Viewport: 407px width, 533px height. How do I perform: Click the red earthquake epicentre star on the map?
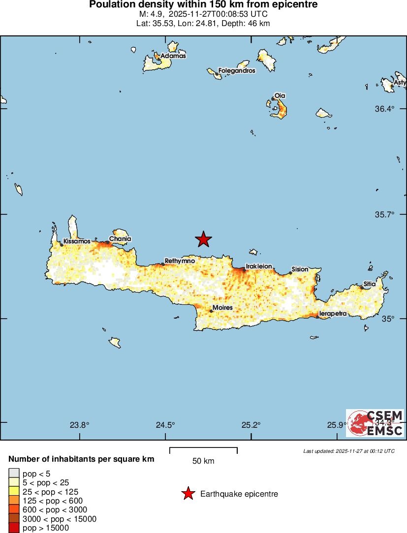point(203,239)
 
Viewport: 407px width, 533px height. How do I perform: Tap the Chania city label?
point(120,239)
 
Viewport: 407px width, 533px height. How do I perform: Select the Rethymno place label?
point(180,261)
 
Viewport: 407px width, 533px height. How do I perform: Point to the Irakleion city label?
point(259,266)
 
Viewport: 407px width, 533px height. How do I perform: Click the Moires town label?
point(222,308)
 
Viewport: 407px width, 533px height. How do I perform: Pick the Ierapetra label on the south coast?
point(333,313)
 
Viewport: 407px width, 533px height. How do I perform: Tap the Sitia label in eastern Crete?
point(370,284)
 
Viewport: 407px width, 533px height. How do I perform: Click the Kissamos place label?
point(77,241)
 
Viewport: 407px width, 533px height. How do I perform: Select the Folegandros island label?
point(237,71)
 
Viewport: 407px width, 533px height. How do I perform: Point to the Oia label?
point(280,95)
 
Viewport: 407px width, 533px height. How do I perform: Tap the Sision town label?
point(300,269)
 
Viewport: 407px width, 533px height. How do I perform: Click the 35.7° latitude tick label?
point(385,215)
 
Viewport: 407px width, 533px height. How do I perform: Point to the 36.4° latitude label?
point(385,109)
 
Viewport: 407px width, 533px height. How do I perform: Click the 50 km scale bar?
point(203,450)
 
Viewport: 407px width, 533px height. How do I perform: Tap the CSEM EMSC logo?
point(376,423)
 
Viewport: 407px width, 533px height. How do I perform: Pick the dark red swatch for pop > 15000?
point(14,528)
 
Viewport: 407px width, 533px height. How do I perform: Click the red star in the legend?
point(188,494)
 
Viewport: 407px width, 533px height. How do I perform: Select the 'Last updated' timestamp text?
point(348,451)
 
